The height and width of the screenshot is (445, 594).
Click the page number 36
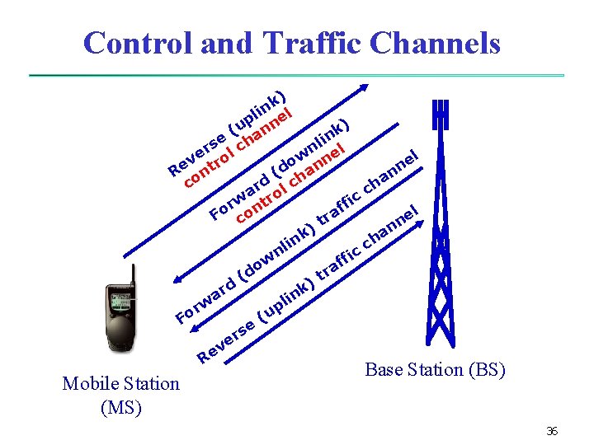[552, 431]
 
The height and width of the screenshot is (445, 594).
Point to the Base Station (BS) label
[435, 369]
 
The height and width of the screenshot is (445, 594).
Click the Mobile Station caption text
[120, 383]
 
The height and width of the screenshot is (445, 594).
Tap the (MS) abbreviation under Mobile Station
[120, 406]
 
